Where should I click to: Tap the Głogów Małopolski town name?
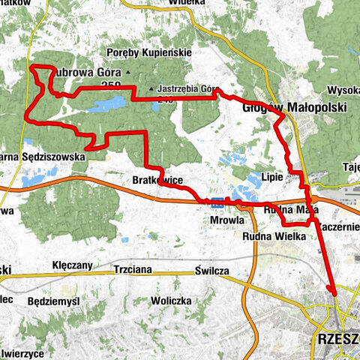[x=294, y=108]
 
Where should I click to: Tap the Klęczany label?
[x=73, y=265]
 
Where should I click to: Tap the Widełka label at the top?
[x=187, y=3]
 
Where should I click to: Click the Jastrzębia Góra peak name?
[x=187, y=87]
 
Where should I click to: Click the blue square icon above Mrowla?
[x=217, y=201]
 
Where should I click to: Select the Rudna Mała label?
[x=287, y=211]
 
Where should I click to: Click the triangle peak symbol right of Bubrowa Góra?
[x=128, y=73]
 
